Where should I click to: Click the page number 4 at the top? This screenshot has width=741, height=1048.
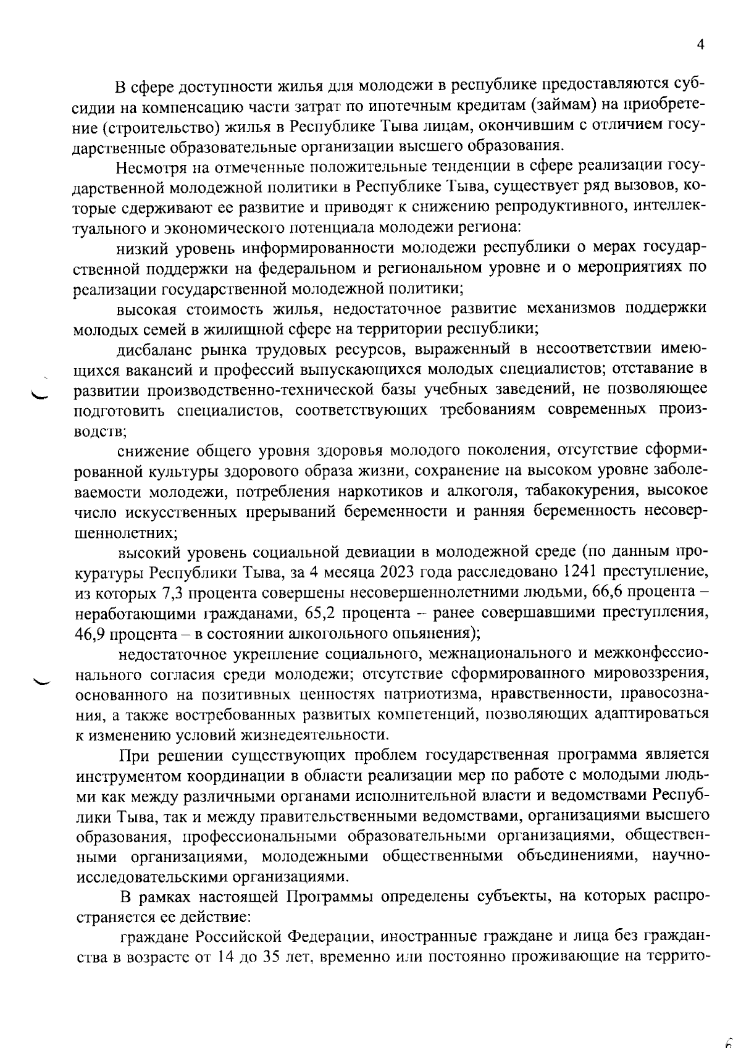click(x=700, y=44)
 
